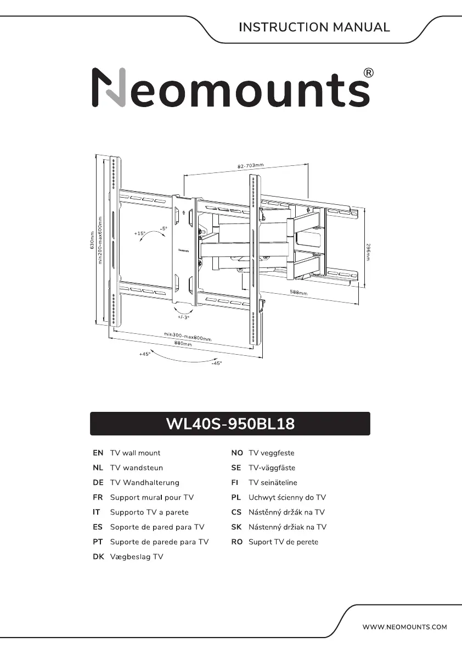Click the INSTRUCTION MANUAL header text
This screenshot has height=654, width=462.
coord(314,27)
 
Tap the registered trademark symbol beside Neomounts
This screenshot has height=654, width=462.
coord(369,74)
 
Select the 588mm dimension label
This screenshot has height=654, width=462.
coord(298,293)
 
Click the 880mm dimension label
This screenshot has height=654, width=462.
coord(183,344)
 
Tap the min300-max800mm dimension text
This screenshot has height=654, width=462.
coord(188,336)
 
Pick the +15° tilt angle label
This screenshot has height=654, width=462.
coord(139,233)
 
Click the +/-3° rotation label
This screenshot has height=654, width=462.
coord(183,317)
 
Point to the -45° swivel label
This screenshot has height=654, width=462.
coord(216,363)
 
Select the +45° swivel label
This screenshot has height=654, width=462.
coord(144,354)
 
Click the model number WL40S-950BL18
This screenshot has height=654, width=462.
coord(230,424)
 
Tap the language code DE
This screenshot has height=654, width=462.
coord(98,483)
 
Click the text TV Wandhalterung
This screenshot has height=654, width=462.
coord(144,483)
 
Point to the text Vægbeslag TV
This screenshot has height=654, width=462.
coord(137,557)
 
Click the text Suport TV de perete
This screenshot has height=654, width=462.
coord(283,542)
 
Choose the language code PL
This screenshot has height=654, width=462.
coord(236,498)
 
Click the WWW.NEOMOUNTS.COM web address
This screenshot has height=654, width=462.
coord(405,627)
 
